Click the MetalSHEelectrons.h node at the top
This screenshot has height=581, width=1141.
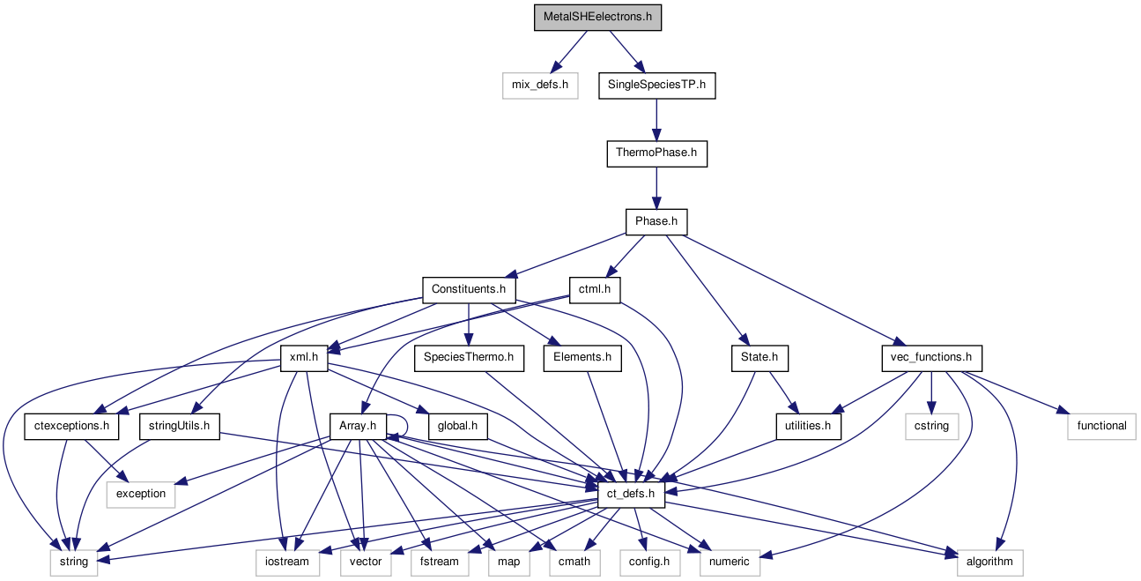[x=596, y=18]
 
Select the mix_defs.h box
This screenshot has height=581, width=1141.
[x=539, y=86]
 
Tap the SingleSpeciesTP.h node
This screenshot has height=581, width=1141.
[x=656, y=86]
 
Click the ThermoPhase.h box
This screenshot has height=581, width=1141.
[x=656, y=153]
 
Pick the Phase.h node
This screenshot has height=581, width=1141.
[x=656, y=221]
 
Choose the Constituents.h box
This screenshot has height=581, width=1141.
[x=469, y=289]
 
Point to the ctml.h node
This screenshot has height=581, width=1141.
[x=595, y=289]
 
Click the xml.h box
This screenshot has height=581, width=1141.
[x=304, y=358]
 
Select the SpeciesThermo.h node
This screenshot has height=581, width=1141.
[x=469, y=358]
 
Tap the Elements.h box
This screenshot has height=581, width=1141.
[x=582, y=358]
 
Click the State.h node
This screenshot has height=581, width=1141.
[x=759, y=358]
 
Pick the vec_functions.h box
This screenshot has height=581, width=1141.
[x=932, y=358]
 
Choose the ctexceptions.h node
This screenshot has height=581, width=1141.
[x=72, y=426]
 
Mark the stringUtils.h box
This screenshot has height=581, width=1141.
[x=179, y=426]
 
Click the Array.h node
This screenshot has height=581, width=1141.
[x=358, y=426]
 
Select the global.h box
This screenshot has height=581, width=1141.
[x=457, y=426]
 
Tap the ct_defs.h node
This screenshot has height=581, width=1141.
[x=630, y=494]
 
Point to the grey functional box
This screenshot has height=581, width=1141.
[x=1101, y=426]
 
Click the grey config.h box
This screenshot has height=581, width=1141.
[x=649, y=562]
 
